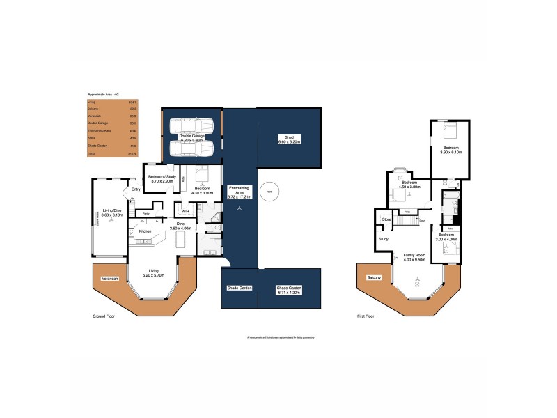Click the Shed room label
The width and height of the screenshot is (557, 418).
pyautogui.click(x=288, y=137)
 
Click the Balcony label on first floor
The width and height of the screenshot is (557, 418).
pyautogui.click(x=375, y=277)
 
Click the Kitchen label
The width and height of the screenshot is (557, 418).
pyautogui.click(x=145, y=231)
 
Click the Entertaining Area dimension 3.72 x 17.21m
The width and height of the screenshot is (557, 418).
pyautogui.click(x=240, y=197)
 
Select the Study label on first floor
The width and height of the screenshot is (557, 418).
pyautogui.click(x=383, y=239)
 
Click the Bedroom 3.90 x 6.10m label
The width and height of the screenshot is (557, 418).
pyautogui.click(x=449, y=150)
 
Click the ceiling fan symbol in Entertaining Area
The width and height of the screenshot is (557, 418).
pyautogui.click(x=240, y=208)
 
